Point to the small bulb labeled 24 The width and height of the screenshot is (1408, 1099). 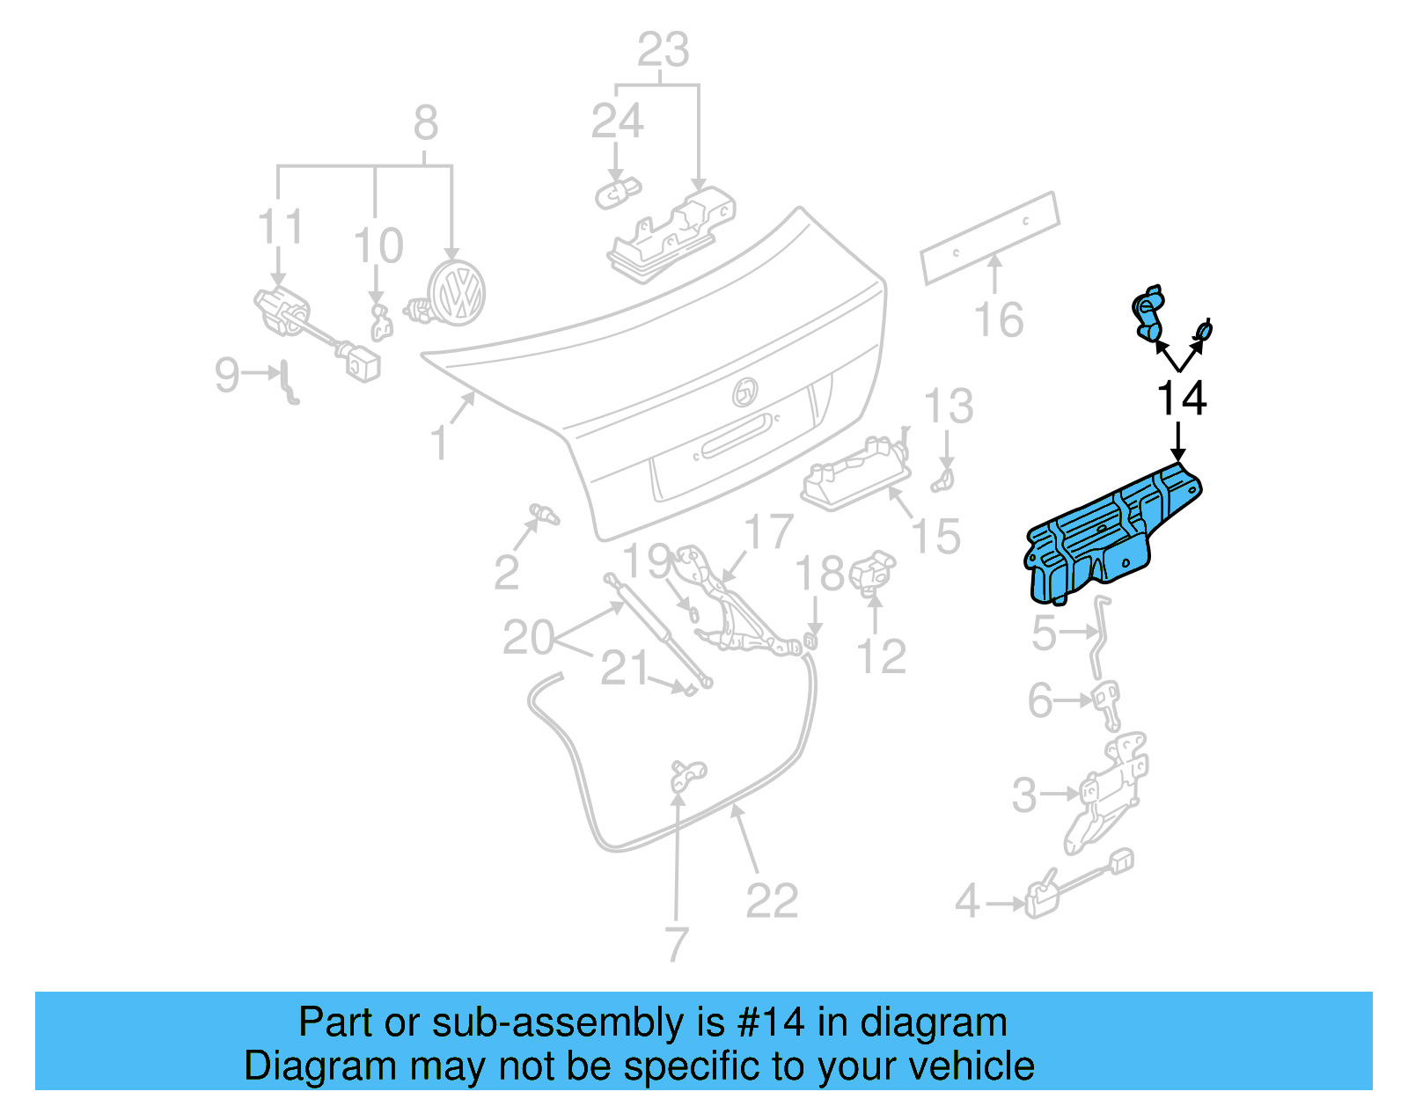click(x=617, y=191)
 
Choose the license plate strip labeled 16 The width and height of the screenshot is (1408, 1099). click(x=990, y=238)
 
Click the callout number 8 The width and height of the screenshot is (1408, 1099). click(x=426, y=122)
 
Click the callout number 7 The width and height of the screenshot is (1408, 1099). click(x=675, y=944)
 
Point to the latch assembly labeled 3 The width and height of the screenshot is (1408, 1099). click(x=1107, y=792)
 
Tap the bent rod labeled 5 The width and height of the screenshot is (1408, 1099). click(x=1099, y=634)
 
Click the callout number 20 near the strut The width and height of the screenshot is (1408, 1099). click(x=528, y=636)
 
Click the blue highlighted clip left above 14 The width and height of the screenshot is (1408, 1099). click(x=1148, y=313)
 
